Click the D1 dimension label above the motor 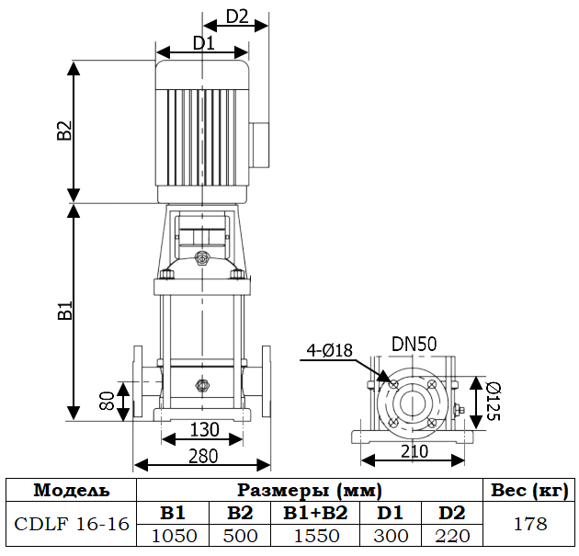[203, 42]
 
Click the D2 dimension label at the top [237, 16]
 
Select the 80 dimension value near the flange [107, 401]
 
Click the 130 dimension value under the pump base [204, 429]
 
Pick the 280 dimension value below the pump [204, 455]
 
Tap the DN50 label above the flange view [414, 344]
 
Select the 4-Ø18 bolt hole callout [332, 349]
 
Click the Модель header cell [71, 490]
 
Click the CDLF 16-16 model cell [71, 524]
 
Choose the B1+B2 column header [315, 513]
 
